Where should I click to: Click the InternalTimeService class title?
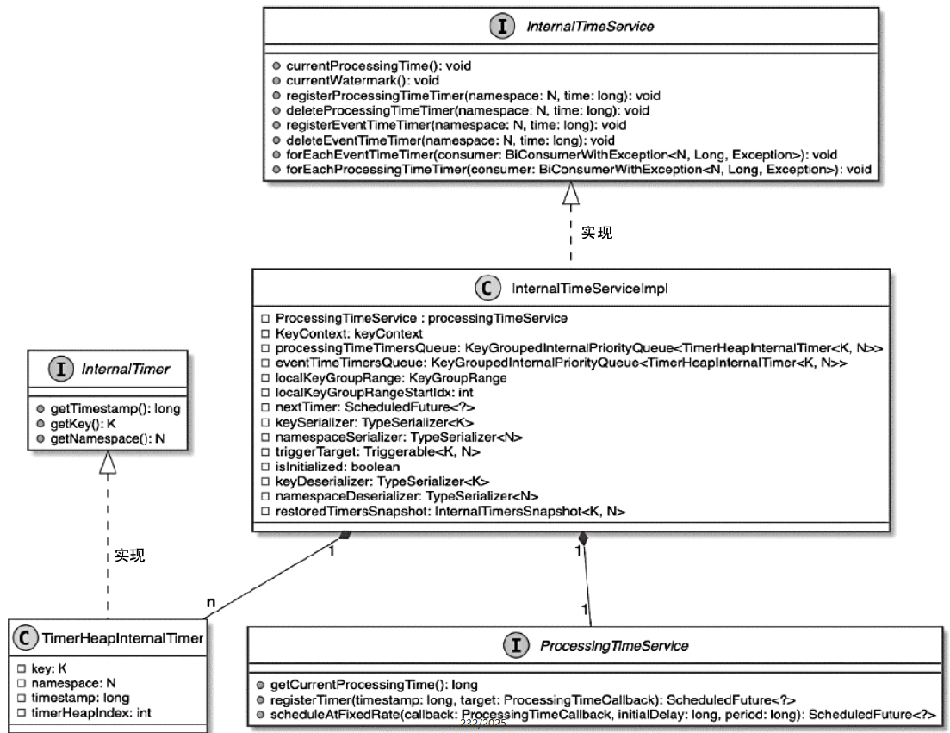point(590,26)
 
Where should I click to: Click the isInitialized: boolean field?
point(338,466)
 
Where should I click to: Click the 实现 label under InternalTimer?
point(130,556)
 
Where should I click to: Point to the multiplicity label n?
point(210,602)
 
